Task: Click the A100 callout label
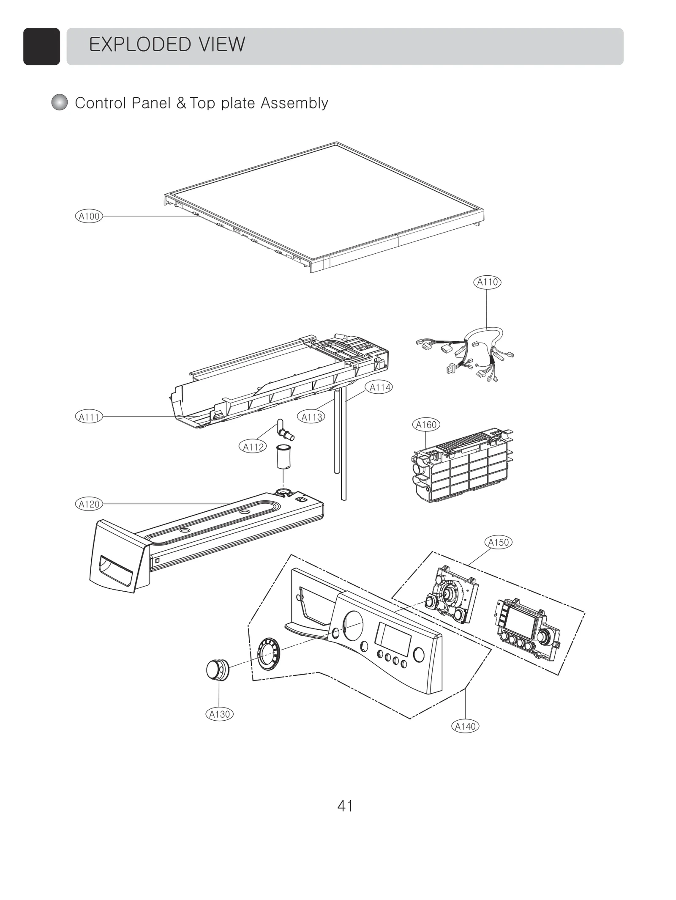89,216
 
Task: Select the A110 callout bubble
487,282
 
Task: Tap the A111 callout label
89,417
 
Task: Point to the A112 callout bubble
253,447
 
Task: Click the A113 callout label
311,417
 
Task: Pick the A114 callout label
379,387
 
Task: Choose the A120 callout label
89,504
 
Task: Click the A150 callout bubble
498,542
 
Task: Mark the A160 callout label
426,425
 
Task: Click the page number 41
345,806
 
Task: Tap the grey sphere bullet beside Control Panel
60,102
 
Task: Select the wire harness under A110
469,354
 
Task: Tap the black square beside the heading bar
41,47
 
